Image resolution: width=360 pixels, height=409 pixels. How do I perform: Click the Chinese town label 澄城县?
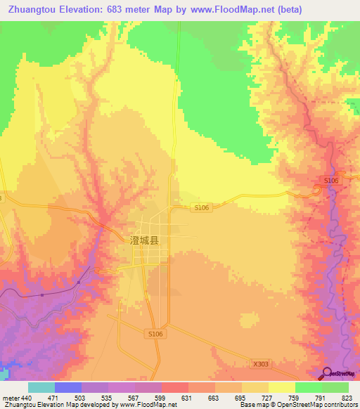point(145,240)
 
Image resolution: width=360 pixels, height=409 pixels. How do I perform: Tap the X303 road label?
point(261,363)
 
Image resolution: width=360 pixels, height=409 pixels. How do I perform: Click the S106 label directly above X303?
point(155,335)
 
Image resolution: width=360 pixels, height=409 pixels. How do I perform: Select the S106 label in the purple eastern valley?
point(331,181)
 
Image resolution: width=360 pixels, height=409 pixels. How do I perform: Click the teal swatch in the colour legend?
point(41,387)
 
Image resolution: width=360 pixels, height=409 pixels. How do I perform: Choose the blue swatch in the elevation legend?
point(68,387)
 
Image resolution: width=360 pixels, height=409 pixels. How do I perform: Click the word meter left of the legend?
point(11,397)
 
